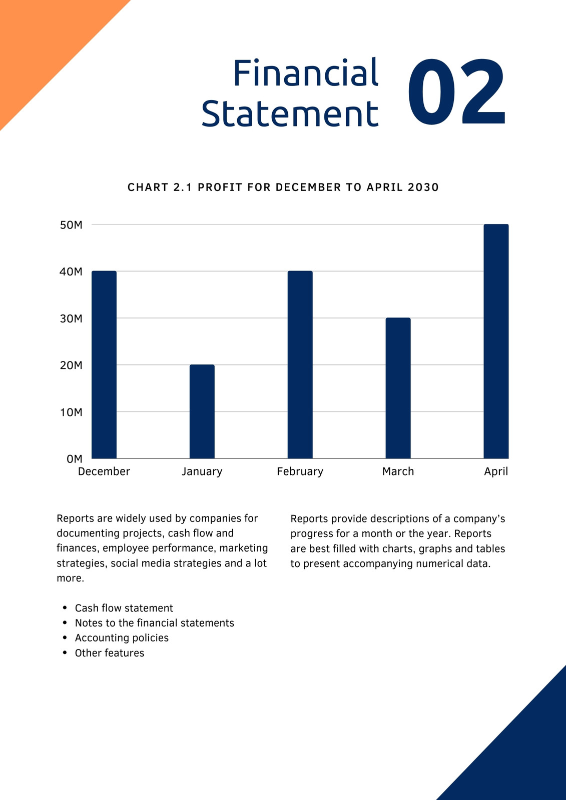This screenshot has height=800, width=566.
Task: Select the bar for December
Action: pos(104,364)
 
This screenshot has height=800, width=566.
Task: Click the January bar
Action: pos(202,411)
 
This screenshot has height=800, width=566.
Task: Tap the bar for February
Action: pos(300,364)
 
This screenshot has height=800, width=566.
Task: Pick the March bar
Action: pos(398,388)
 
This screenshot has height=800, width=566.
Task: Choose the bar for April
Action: pos(496,341)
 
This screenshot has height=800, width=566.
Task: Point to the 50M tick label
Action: pos(71,225)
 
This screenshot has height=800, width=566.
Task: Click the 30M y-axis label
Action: pos(71,318)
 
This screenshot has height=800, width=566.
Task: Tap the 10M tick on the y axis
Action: pos(71,412)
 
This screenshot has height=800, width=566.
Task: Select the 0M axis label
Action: pos(75,459)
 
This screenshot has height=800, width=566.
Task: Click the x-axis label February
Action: pos(300,472)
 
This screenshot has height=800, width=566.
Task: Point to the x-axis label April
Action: pos(496,472)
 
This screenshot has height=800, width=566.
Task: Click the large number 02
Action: pos(456,91)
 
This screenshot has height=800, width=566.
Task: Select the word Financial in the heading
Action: pos(306,73)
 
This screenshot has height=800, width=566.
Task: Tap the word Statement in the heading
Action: pos(290,113)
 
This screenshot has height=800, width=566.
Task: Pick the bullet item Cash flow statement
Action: pos(124,608)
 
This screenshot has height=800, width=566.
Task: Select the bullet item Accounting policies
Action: pos(122,638)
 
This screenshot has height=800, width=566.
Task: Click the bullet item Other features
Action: pos(110,653)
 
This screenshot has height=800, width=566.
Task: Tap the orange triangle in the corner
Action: pos(43,43)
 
